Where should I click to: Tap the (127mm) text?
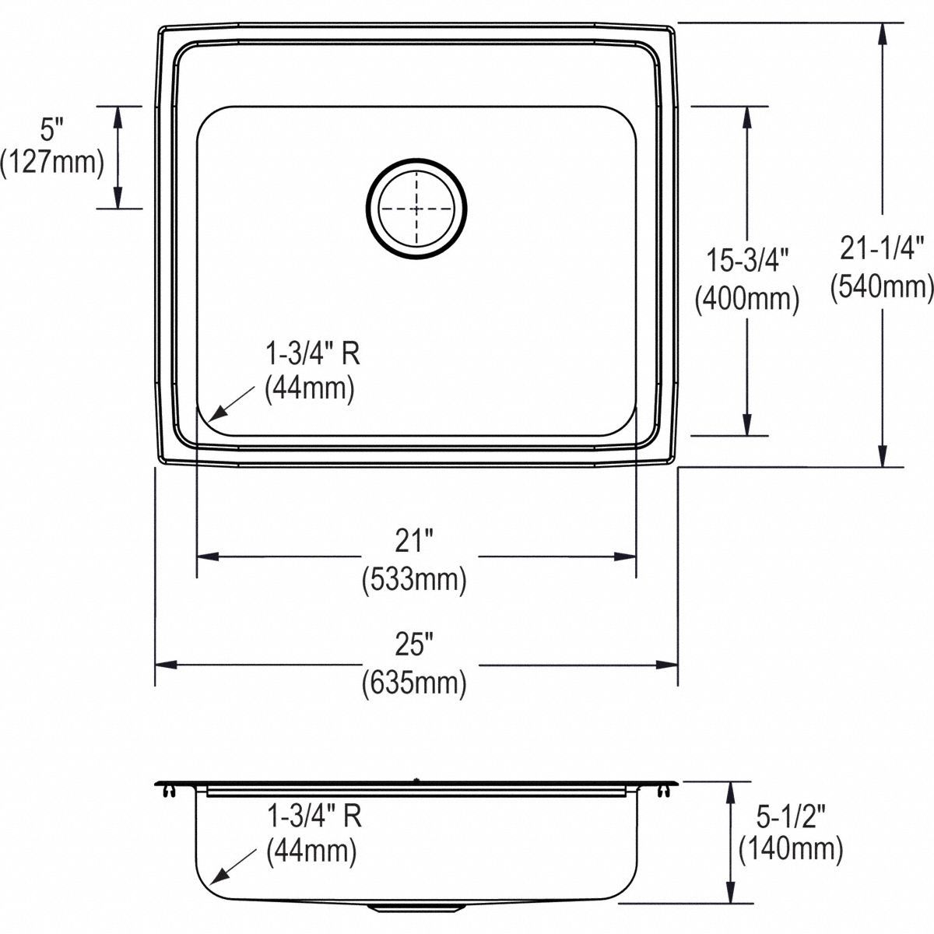click(52, 162)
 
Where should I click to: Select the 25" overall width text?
click(414, 645)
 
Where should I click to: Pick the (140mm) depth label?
click(789, 848)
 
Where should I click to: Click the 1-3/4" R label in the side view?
click(314, 816)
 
